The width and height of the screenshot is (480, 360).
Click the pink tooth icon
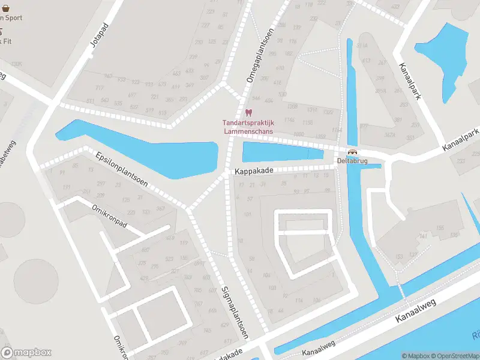click(248, 112)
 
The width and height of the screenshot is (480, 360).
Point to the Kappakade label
click(254, 171)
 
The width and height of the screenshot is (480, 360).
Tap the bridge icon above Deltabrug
click(352, 152)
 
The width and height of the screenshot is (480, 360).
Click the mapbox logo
click(26, 353)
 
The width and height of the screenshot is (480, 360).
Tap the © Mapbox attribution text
click(416, 356)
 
